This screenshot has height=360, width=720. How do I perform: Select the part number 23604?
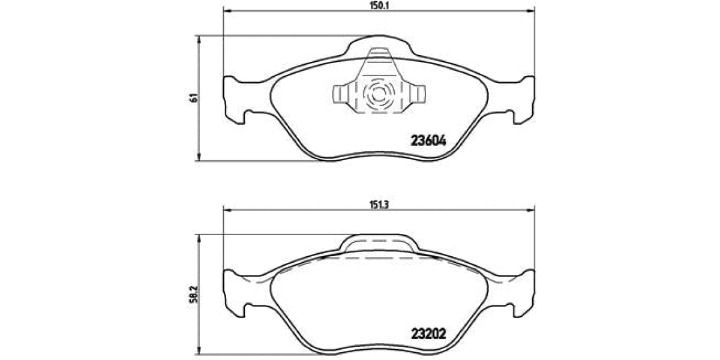coord(428,141)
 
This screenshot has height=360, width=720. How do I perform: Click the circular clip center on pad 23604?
coord(379,94)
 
